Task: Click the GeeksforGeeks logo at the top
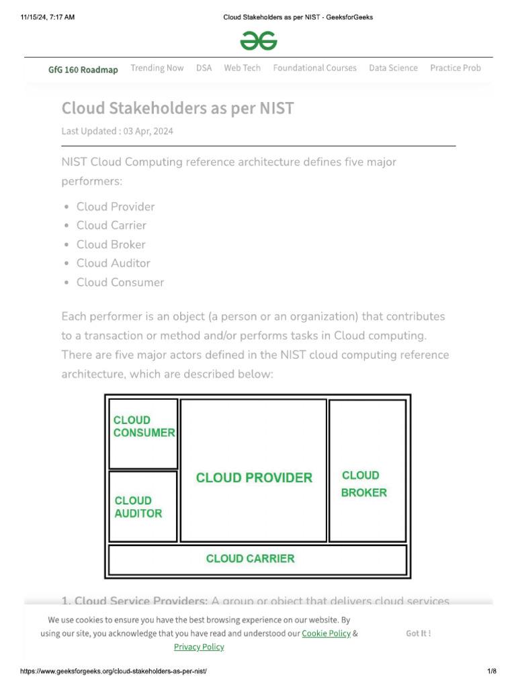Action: click(x=259, y=42)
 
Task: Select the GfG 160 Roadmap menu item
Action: click(x=83, y=69)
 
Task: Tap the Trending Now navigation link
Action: click(x=157, y=68)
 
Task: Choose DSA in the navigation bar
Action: click(x=204, y=68)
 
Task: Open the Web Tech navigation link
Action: click(x=242, y=68)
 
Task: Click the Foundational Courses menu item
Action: click(x=314, y=68)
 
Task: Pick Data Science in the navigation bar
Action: click(x=393, y=68)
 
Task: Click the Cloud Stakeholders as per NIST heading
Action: click(x=177, y=108)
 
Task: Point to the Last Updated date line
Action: click(x=117, y=131)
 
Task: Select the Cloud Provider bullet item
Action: click(x=116, y=207)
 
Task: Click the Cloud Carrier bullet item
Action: click(x=111, y=225)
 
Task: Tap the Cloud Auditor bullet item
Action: click(x=113, y=263)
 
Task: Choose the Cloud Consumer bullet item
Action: click(x=120, y=282)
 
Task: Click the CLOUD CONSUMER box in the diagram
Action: click(x=143, y=433)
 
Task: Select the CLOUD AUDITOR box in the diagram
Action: click(x=143, y=507)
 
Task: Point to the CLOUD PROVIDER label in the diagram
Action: click(x=254, y=478)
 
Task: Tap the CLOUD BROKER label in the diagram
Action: click(x=363, y=484)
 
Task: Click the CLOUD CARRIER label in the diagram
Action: click(x=250, y=558)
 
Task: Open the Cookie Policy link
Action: click(x=326, y=633)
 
